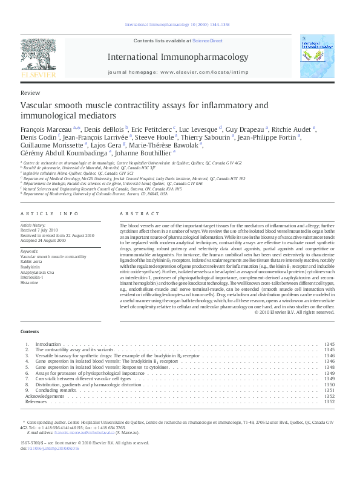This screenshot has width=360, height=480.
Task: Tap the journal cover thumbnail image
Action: coord(316,56)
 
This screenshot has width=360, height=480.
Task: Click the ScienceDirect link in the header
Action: coord(208,41)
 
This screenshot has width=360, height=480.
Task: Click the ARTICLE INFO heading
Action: coord(50,214)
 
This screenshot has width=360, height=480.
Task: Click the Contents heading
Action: coord(30,332)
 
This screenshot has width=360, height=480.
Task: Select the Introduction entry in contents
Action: coord(48,344)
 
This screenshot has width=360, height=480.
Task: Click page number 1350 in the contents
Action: coord(329,384)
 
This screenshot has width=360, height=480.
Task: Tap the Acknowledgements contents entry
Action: coord(44,396)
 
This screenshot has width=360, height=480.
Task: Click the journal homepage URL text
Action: coord(206,71)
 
